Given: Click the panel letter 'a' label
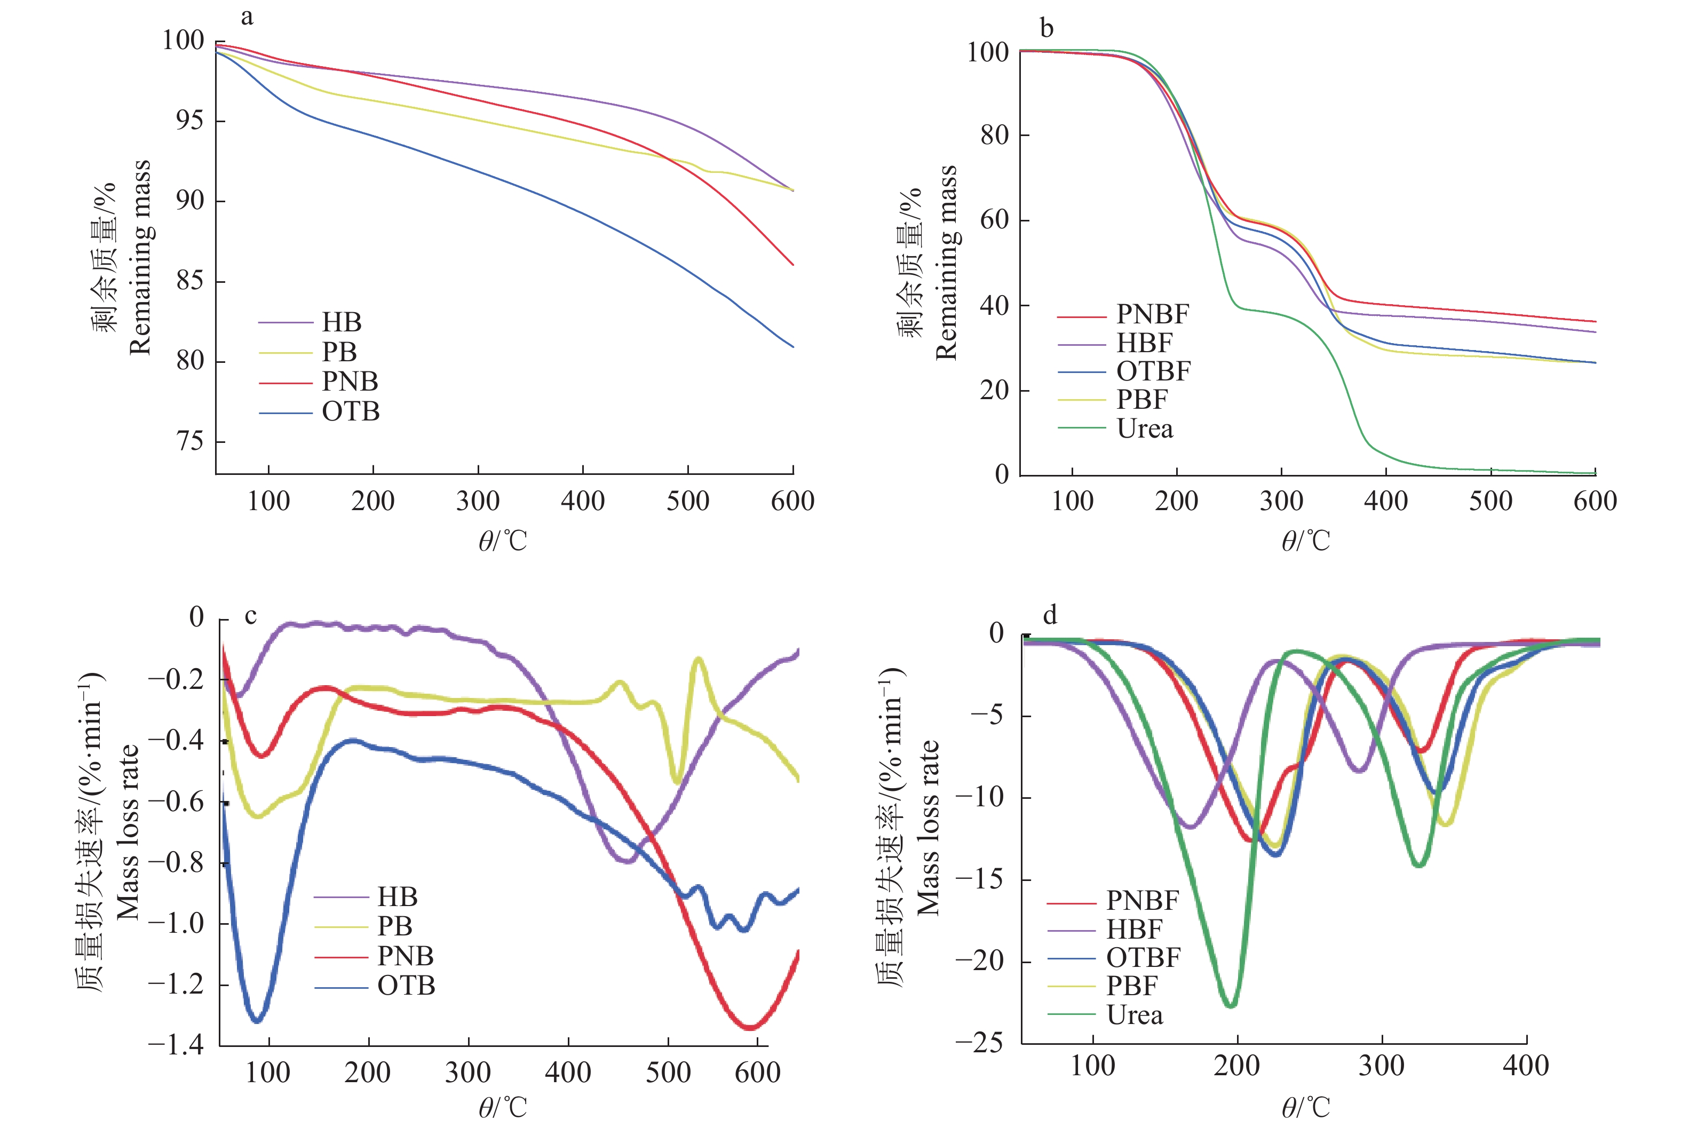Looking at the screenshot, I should tap(247, 17).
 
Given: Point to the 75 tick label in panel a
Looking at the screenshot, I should tap(191, 441).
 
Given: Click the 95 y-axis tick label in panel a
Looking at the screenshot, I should tap(191, 121).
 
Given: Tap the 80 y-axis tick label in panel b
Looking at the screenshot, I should tap(995, 134).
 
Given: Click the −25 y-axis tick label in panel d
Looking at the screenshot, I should tap(978, 1043).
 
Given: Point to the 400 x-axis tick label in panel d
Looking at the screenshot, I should tap(1525, 1066).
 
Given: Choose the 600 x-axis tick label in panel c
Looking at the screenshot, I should tap(757, 1073).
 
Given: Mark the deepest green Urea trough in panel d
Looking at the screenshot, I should tap(1231, 1004).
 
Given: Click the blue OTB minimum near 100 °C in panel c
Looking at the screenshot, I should tap(257, 1019).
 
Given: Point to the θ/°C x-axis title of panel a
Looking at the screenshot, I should tap(503, 541).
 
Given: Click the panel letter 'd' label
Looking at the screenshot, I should tap(1050, 615).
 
